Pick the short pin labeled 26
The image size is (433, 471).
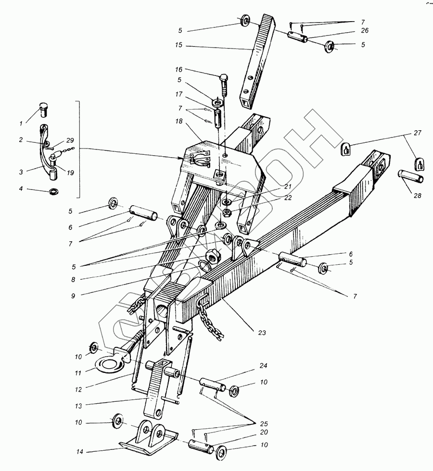(x=298, y=37)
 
